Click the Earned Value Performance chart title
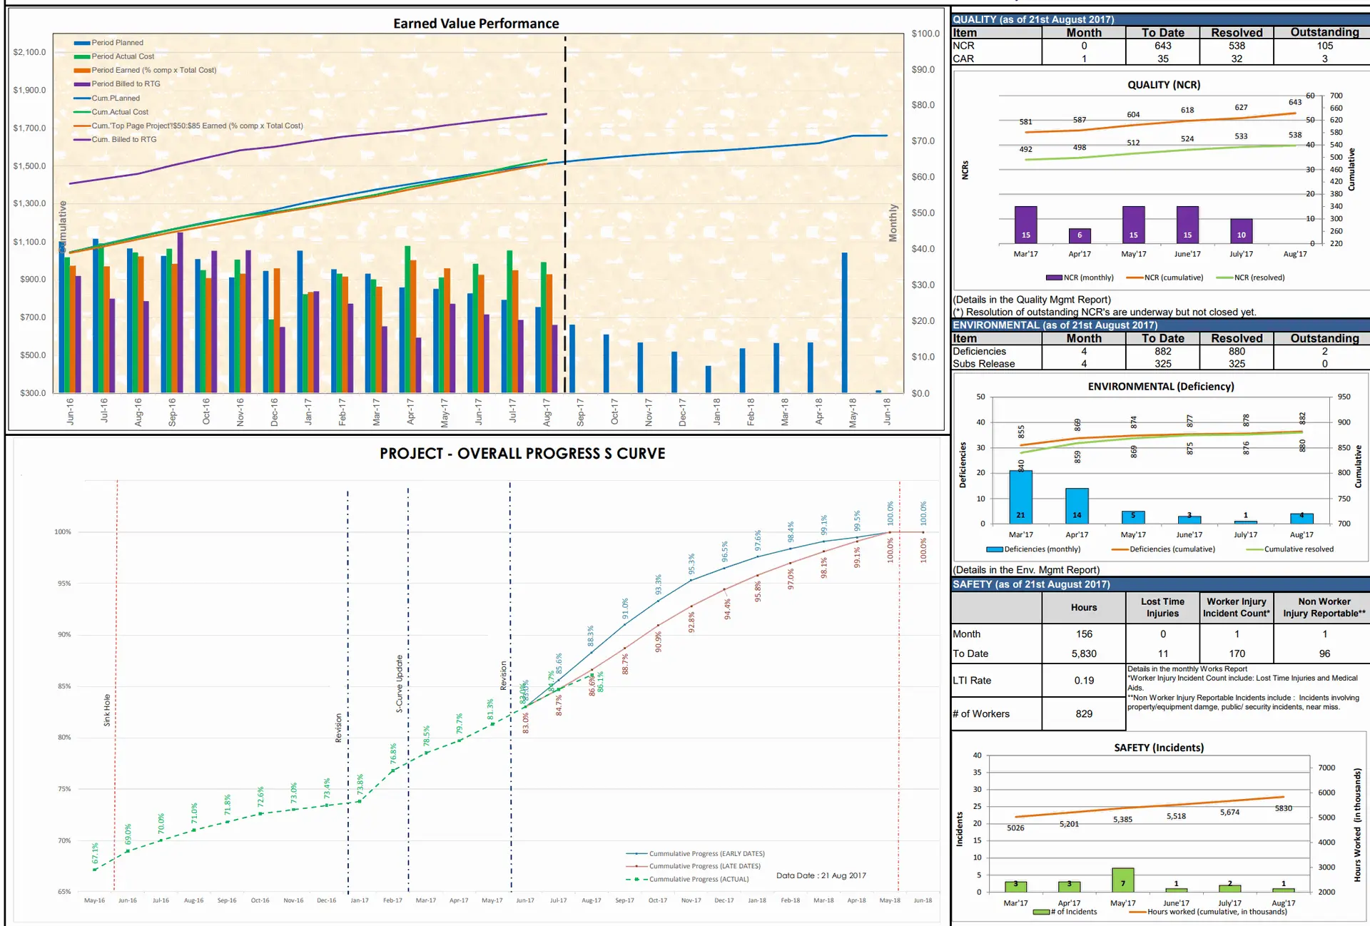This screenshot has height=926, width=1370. coord(476,24)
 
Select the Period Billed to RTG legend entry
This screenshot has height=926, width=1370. coord(126,84)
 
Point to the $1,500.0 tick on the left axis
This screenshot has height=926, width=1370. coord(29,166)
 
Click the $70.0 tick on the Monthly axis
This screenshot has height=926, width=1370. coord(923,141)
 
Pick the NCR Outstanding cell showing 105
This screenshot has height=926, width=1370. coord(1324,46)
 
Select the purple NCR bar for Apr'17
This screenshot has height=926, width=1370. coord(1079,235)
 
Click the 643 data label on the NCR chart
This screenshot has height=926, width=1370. coord(1295,102)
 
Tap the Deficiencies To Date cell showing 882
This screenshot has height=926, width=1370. coord(1162,351)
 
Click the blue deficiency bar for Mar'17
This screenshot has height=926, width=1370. coord(1020,497)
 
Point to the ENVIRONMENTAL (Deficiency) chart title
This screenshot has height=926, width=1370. coord(1160,387)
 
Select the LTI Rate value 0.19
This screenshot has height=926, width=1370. coord(1083,681)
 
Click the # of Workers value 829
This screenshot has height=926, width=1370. coord(1083,713)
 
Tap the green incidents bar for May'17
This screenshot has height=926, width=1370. coord(1122,880)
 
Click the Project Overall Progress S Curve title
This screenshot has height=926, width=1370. coord(522,454)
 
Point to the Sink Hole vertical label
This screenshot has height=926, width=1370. coord(107,710)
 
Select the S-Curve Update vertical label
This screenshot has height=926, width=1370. coord(400,683)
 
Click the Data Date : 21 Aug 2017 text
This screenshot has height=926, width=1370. coord(821,875)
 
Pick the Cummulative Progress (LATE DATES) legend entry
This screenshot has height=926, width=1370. coord(704,866)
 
